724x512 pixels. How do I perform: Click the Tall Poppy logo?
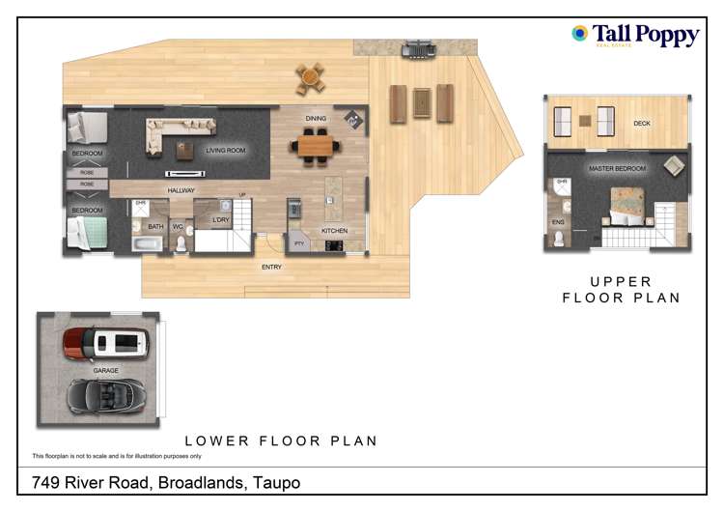click(635, 36)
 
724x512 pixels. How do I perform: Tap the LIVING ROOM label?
click(226, 151)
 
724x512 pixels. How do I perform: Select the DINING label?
click(316, 119)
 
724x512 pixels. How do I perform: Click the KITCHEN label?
click(334, 231)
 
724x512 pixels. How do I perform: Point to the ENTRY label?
click(272, 267)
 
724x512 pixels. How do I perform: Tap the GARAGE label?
click(105, 370)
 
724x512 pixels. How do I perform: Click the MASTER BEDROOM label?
click(618, 169)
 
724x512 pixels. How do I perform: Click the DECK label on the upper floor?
click(642, 124)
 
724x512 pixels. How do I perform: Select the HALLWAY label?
click(181, 190)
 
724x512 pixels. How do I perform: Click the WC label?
click(178, 227)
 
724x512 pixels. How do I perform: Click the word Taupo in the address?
click(274, 482)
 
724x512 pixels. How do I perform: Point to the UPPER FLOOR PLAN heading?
click(622, 290)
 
